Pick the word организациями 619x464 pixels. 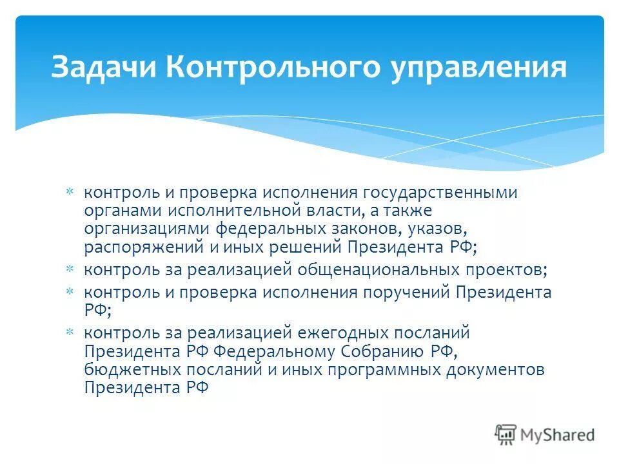pyautogui.click(x=146, y=228)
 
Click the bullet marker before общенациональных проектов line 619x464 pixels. pyautogui.click(x=70, y=268)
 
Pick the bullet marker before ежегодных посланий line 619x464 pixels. pyautogui.click(x=70, y=333)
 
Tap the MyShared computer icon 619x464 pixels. pyautogui.click(x=506, y=434)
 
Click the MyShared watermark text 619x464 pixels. pyautogui.click(x=558, y=435)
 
